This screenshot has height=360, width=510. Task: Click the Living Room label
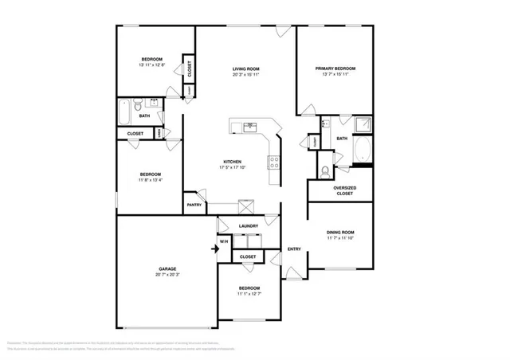point(247,68)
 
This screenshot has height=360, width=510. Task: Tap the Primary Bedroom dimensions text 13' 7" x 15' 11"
point(335,76)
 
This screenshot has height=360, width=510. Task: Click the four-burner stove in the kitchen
point(275,161)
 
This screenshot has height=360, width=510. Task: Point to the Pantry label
point(194,205)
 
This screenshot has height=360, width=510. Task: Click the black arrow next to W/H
point(214,248)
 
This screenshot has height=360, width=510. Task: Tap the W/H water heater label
point(224,241)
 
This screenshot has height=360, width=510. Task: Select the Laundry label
point(248,226)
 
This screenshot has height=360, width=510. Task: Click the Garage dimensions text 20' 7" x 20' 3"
point(167,276)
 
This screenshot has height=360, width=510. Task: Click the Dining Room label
point(340,233)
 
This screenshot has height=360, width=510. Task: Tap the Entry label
point(294,248)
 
